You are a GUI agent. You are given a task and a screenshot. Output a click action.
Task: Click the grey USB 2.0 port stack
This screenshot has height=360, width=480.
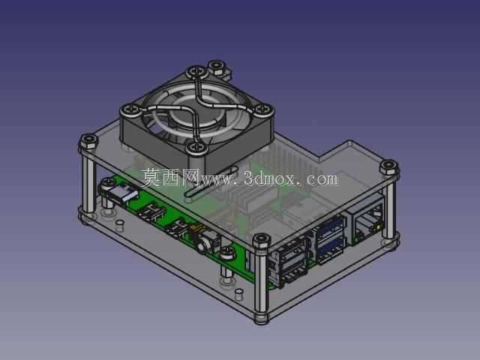click(289, 262)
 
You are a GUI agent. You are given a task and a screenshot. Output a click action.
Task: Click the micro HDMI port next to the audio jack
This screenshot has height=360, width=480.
click(177, 229)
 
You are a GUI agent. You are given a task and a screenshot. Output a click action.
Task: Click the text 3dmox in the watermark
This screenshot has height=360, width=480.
click(270, 178)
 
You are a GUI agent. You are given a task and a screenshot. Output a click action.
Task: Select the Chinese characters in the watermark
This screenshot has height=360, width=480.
click(170, 178)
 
